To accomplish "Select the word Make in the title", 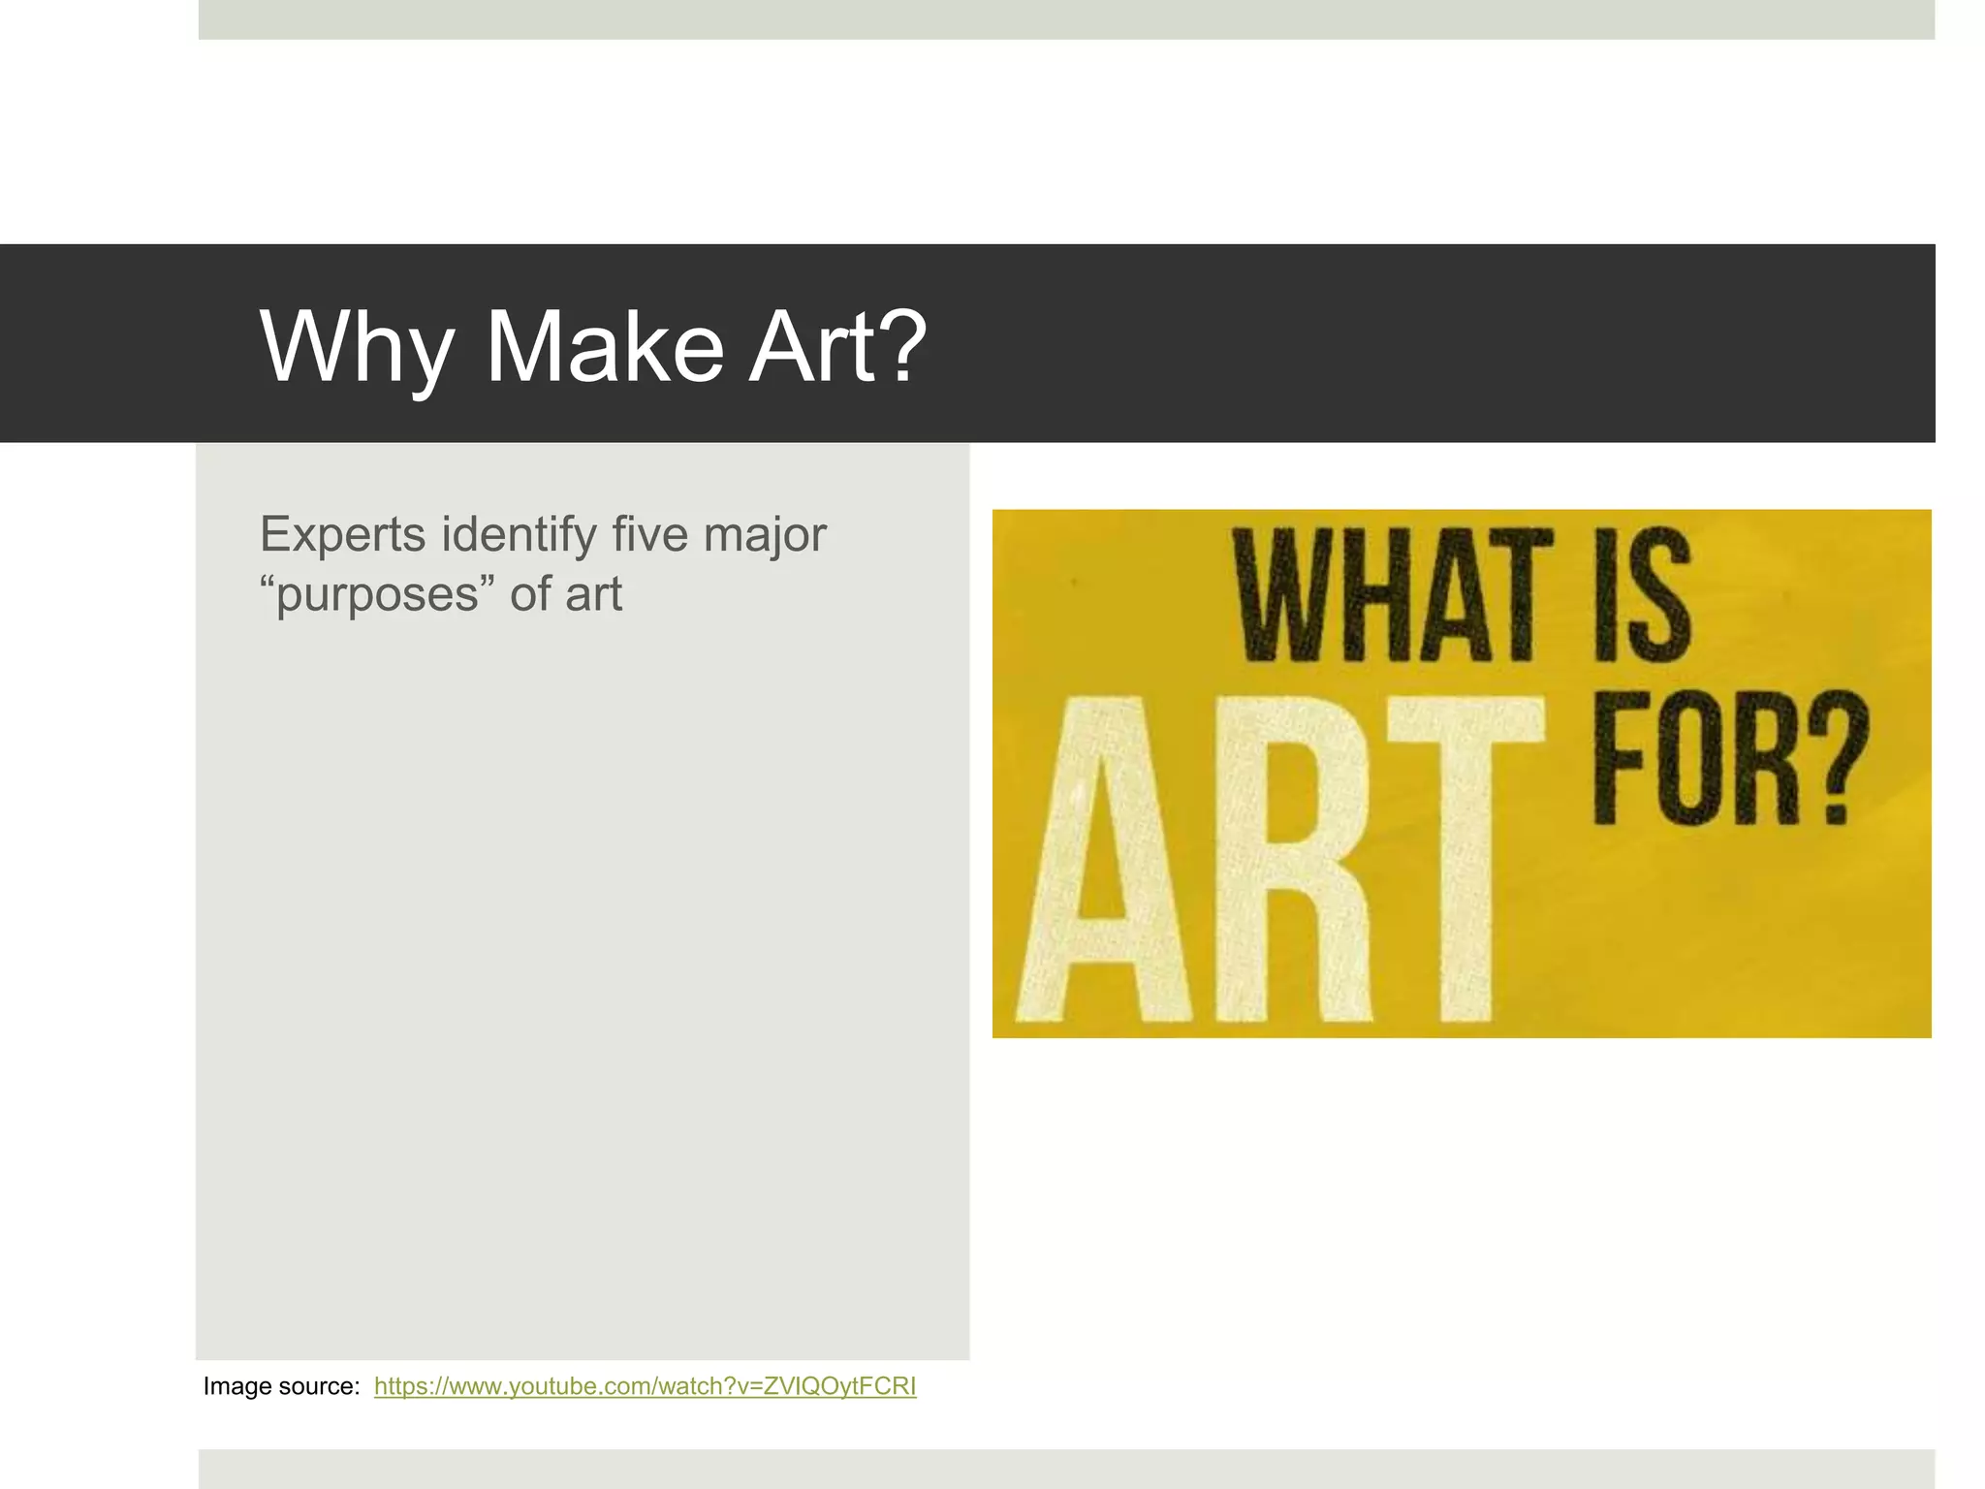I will pos(604,346).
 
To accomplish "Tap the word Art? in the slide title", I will pos(839,346).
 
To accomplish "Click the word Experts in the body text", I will pos(343,535).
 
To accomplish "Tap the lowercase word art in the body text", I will pos(593,593).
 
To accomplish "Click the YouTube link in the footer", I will pos(645,1386).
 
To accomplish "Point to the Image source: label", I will pos(281,1386).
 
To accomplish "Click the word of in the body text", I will pos(530,593).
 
